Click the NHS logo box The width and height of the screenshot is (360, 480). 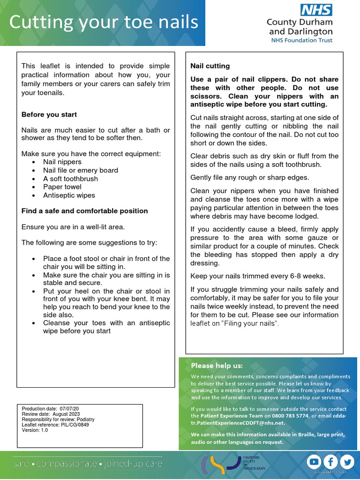pyautogui.click(x=317, y=10)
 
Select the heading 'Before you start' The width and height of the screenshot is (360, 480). pyautogui.click(x=49, y=114)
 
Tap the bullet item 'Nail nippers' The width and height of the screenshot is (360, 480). pyautogui.click(x=62, y=162)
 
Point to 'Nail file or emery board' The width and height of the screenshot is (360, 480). pyautogui.click(x=81, y=170)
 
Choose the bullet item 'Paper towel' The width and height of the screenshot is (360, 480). pyautogui.click(x=62, y=187)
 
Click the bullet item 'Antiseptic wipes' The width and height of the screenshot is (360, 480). pyautogui.click(x=69, y=195)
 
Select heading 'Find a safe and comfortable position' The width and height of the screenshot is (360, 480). pyautogui.click(x=85, y=211)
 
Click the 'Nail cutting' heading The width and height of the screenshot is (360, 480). pyautogui.click(x=210, y=66)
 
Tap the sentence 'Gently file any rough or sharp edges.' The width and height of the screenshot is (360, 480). pyautogui.click(x=250, y=178)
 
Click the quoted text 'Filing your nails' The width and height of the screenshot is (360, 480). pyautogui.click(x=249, y=324)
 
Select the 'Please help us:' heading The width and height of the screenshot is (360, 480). pyautogui.click(x=217, y=366)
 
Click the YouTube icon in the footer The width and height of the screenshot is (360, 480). pyautogui.click(x=313, y=462)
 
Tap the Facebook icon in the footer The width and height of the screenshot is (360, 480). pyautogui.click(x=330, y=462)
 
